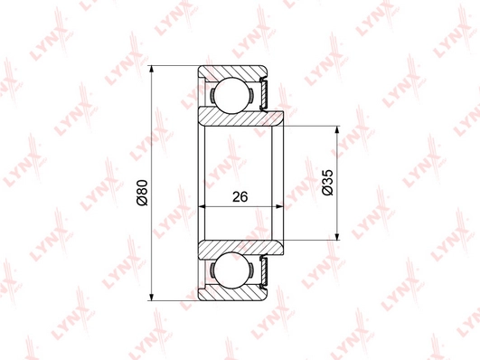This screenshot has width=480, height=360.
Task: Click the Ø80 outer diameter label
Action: (143, 193)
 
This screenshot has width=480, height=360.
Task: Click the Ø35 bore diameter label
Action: (327, 183)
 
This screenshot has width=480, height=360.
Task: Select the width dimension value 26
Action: (240, 196)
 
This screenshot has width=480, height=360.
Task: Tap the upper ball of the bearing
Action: (231, 94)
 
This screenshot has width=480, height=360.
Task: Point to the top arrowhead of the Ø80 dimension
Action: (151, 71)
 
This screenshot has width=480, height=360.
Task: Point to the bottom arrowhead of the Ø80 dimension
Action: (151, 296)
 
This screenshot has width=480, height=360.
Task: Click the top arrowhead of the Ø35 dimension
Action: (337, 131)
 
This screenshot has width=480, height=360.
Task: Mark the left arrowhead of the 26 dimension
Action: (203, 206)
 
